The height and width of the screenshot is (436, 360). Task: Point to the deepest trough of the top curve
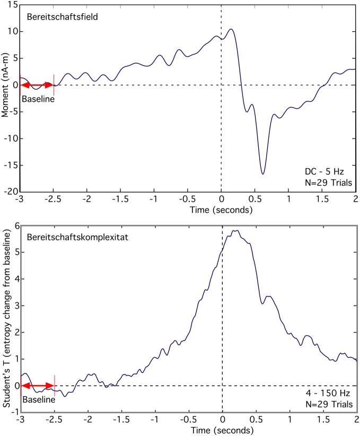pyautogui.click(x=262, y=173)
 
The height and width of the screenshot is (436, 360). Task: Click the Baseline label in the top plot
pyautogui.click(x=37, y=98)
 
